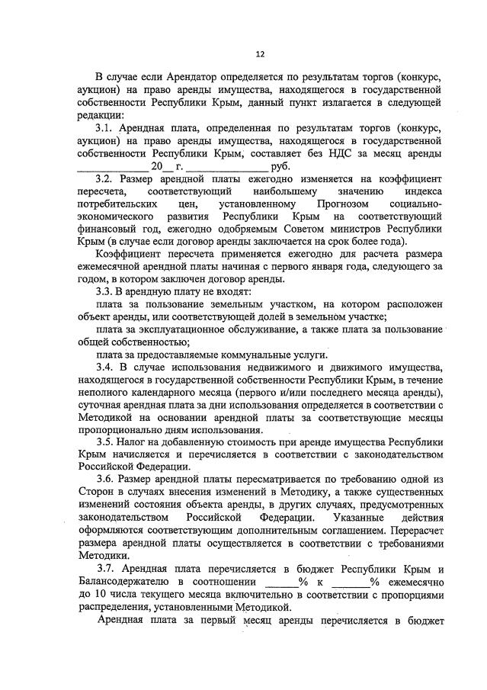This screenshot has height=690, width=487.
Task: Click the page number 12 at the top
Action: [x=259, y=54]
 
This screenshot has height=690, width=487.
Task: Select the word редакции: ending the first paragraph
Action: [x=101, y=115]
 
